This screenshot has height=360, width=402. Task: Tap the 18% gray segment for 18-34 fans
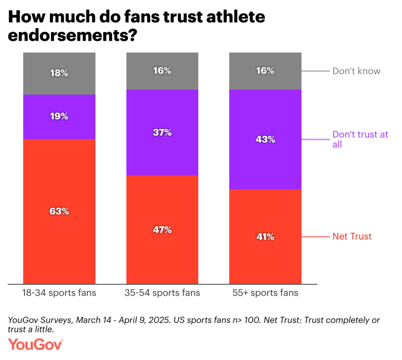point(59,82)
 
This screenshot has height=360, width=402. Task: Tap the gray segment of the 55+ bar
point(265,80)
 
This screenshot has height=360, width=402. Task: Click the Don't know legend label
point(356,71)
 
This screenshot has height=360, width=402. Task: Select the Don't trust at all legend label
point(360,139)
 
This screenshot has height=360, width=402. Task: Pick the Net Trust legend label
point(352,236)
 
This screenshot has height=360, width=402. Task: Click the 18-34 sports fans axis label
point(59,293)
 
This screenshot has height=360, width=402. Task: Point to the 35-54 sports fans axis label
point(162,293)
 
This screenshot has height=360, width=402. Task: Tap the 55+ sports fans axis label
point(265,293)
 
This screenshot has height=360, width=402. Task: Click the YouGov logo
point(36,345)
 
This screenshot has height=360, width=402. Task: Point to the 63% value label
point(59,211)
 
